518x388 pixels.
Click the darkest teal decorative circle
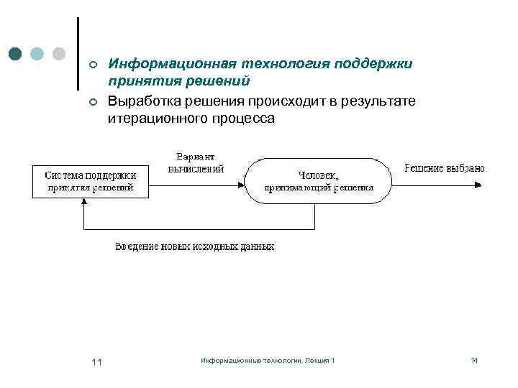17,53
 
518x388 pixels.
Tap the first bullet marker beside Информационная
92,65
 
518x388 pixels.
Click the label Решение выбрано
445,168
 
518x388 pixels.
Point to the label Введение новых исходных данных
194,246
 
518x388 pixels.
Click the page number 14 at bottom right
474,360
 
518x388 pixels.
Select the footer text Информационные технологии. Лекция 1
268,360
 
